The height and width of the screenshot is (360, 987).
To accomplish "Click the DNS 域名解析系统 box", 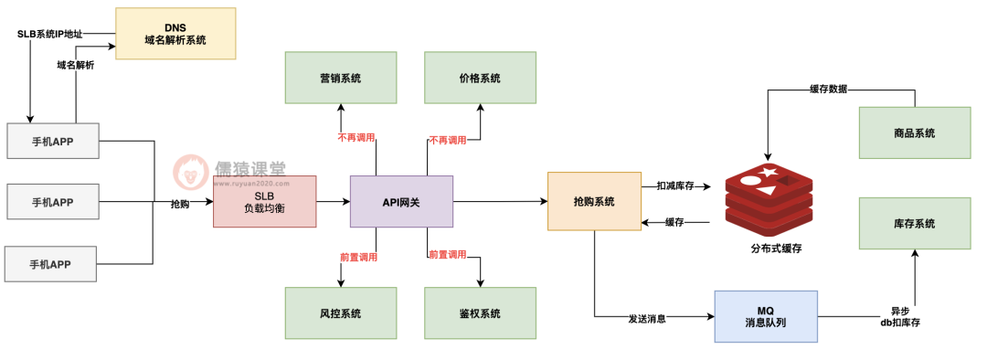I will (175, 34).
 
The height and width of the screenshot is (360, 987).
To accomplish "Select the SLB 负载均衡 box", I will (264, 201).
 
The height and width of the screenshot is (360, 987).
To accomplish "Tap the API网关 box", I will (401, 201).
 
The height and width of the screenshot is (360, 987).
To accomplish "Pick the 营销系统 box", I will (340, 78).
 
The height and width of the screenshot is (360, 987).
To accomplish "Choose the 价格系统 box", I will (480, 78).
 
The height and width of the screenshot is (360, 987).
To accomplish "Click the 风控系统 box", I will (340, 313).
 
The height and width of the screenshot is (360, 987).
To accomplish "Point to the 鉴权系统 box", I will (480, 313).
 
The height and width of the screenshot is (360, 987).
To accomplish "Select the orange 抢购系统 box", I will (593, 201).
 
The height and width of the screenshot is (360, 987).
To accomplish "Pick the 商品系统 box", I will (914, 133).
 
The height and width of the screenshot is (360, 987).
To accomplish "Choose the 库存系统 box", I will (914, 224).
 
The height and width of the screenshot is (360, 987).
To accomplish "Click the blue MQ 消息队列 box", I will (766, 317).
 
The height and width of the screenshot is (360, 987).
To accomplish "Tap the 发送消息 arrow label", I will (647, 319).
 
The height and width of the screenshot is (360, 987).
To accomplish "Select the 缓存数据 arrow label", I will (828, 89).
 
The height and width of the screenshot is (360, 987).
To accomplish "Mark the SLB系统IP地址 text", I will (50, 34).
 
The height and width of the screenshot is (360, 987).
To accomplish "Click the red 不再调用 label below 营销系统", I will (356, 139).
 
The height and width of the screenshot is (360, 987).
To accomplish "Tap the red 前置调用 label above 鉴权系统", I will (448, 254).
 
